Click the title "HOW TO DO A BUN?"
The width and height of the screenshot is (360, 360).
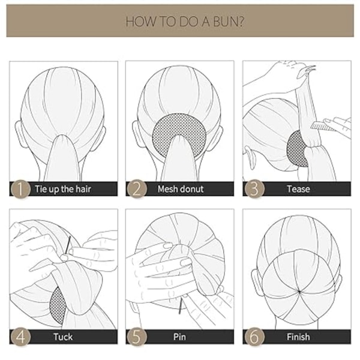point(185,22)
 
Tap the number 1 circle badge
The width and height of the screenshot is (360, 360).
point(20,189)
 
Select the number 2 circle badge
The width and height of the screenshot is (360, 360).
point(137,189)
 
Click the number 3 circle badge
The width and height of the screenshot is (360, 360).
point(254,189)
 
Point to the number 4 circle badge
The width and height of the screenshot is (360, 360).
point(20,337)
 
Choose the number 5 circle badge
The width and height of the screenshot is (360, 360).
point(137,337)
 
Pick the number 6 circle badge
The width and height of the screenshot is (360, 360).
point(254,337)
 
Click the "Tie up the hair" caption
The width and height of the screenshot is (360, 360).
point(63,189)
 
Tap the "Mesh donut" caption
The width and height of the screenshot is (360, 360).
point(181,189)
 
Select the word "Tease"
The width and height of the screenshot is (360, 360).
point(298,189)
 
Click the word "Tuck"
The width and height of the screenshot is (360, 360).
point(63,337)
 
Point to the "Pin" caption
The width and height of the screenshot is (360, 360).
point(179,337)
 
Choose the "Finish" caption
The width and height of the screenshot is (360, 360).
point(298,337)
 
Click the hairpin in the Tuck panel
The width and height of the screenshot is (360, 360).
point(68,245)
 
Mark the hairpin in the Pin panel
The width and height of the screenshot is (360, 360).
point(181,306)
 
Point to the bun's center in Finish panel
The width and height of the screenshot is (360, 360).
point(299,292)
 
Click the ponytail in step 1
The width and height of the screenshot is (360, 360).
point(62,158)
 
